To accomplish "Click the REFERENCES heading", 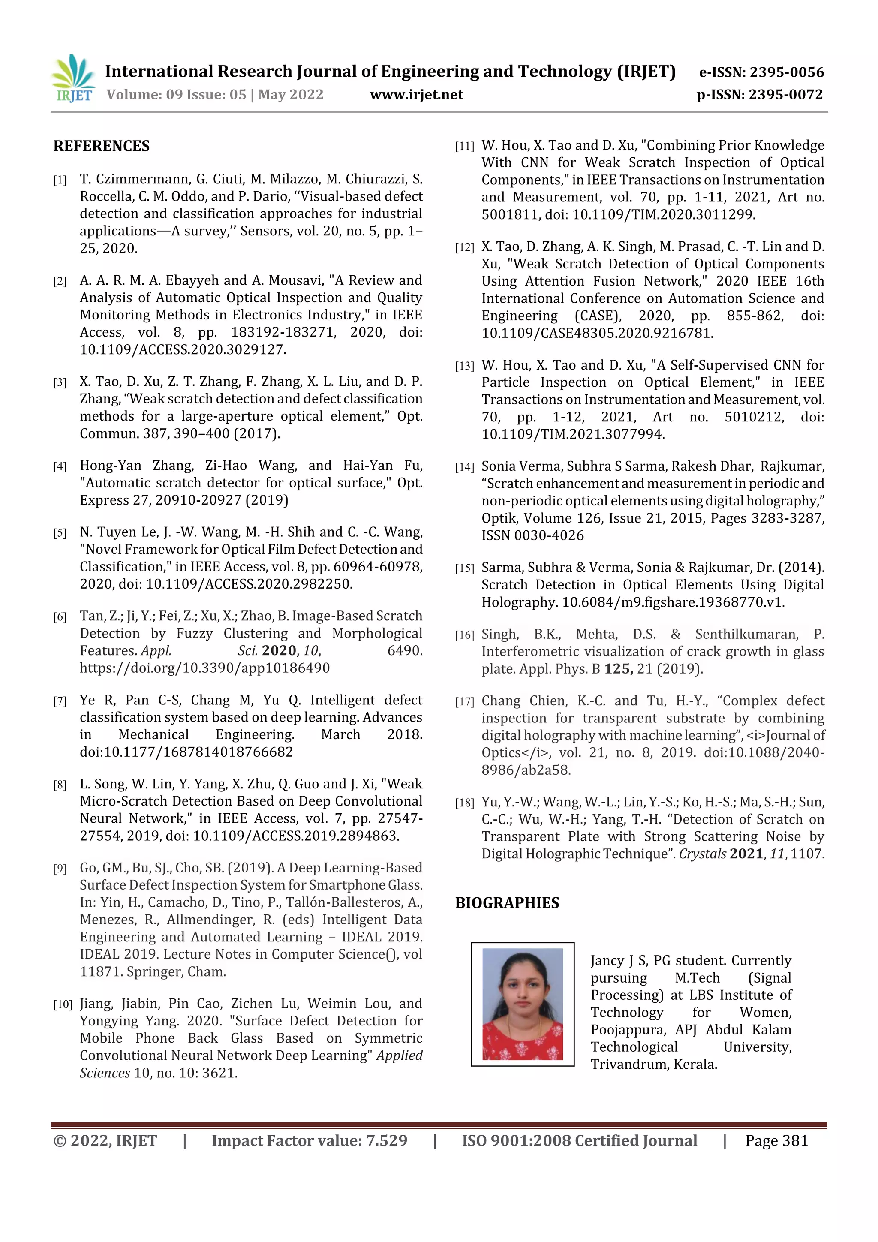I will (101, 146).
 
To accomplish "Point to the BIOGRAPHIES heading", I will (507, 903).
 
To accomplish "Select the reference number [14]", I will (464, 467).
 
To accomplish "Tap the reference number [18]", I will (464, 803).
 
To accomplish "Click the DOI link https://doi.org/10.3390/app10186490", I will (204, 668).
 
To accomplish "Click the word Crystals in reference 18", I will (702, 854).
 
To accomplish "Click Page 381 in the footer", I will (776, 1141).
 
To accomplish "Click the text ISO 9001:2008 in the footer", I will (516, 1141).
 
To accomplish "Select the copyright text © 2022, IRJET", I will (105, 1141).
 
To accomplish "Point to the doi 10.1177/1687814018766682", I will (186, 752).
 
